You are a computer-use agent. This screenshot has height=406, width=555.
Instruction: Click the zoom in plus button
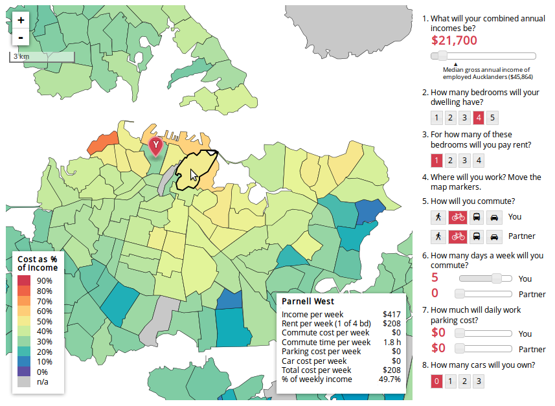21,20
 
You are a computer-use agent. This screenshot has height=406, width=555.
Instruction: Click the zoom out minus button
21,37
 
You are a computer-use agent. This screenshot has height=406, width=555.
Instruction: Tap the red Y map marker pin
155,146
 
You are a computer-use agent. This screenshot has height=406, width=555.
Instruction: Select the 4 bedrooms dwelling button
479,117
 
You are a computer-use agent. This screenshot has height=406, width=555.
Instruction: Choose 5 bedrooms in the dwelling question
493,117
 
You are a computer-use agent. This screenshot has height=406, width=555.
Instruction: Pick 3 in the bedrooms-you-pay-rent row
464,161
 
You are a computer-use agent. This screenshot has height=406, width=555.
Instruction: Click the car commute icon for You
494,217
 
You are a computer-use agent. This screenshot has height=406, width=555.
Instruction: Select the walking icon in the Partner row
438,236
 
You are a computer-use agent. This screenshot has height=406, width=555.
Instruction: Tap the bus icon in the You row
476,217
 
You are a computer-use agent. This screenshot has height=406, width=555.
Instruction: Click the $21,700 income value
454,41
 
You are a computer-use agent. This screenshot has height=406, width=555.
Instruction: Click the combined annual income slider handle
443,56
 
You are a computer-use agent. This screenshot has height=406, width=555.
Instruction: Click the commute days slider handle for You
497,278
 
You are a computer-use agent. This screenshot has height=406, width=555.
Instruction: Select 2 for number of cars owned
464,381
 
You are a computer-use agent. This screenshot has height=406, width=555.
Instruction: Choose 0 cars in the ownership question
437,381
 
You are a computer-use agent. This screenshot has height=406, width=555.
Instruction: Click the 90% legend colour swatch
24,280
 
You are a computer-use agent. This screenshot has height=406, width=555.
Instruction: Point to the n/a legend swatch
24,382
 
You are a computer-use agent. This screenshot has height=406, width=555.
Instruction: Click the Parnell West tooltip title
308,302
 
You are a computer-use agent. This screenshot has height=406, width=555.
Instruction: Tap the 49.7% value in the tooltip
389,379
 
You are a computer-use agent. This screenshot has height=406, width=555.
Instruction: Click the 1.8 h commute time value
392,343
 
